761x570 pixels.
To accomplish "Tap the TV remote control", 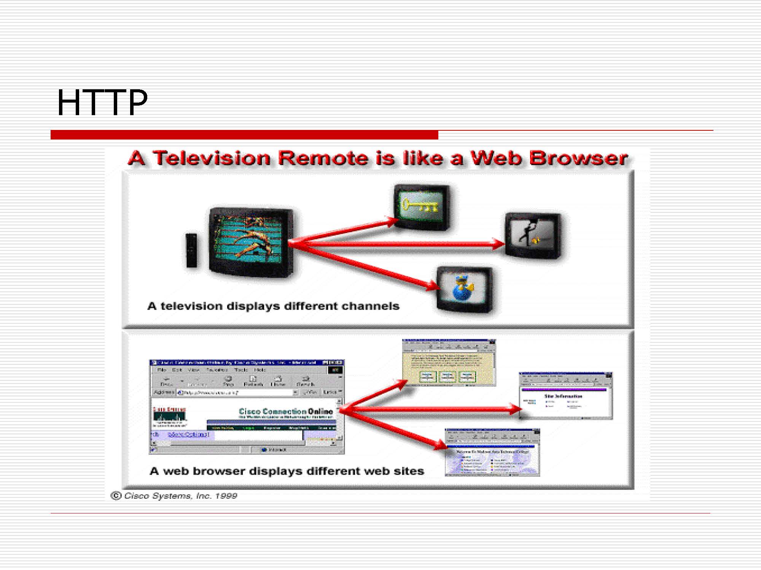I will tap(191, 250).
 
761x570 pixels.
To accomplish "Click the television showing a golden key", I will tap(422, 207).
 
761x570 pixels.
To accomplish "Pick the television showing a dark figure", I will tap(533, 236).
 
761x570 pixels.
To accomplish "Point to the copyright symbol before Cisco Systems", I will tap(116, 496).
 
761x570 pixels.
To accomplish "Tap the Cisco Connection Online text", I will tap(285, 411).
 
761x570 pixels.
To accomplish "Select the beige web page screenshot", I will tap(449, 363).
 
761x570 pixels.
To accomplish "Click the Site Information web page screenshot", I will tap(566, 396).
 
